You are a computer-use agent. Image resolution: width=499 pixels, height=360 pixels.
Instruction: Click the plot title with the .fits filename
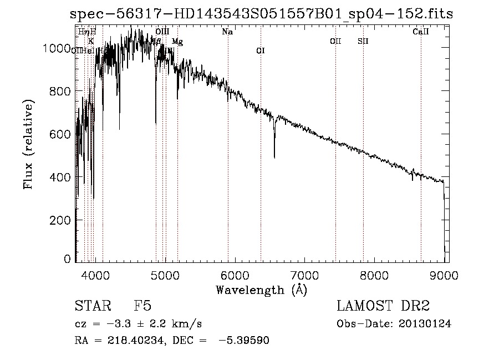261,14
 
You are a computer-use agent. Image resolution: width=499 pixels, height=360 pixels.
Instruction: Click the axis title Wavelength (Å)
261,290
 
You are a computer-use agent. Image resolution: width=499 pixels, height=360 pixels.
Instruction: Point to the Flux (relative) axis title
29,144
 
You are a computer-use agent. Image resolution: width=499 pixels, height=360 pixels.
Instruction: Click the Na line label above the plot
227,32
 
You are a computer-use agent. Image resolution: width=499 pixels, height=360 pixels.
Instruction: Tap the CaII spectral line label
421,32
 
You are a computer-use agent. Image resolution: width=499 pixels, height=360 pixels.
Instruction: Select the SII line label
363,41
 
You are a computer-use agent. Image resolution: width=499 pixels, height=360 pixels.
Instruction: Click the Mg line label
177,42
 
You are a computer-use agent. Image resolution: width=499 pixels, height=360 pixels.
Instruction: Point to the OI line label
261,51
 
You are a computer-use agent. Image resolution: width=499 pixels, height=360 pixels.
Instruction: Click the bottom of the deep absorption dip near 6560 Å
274,158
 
